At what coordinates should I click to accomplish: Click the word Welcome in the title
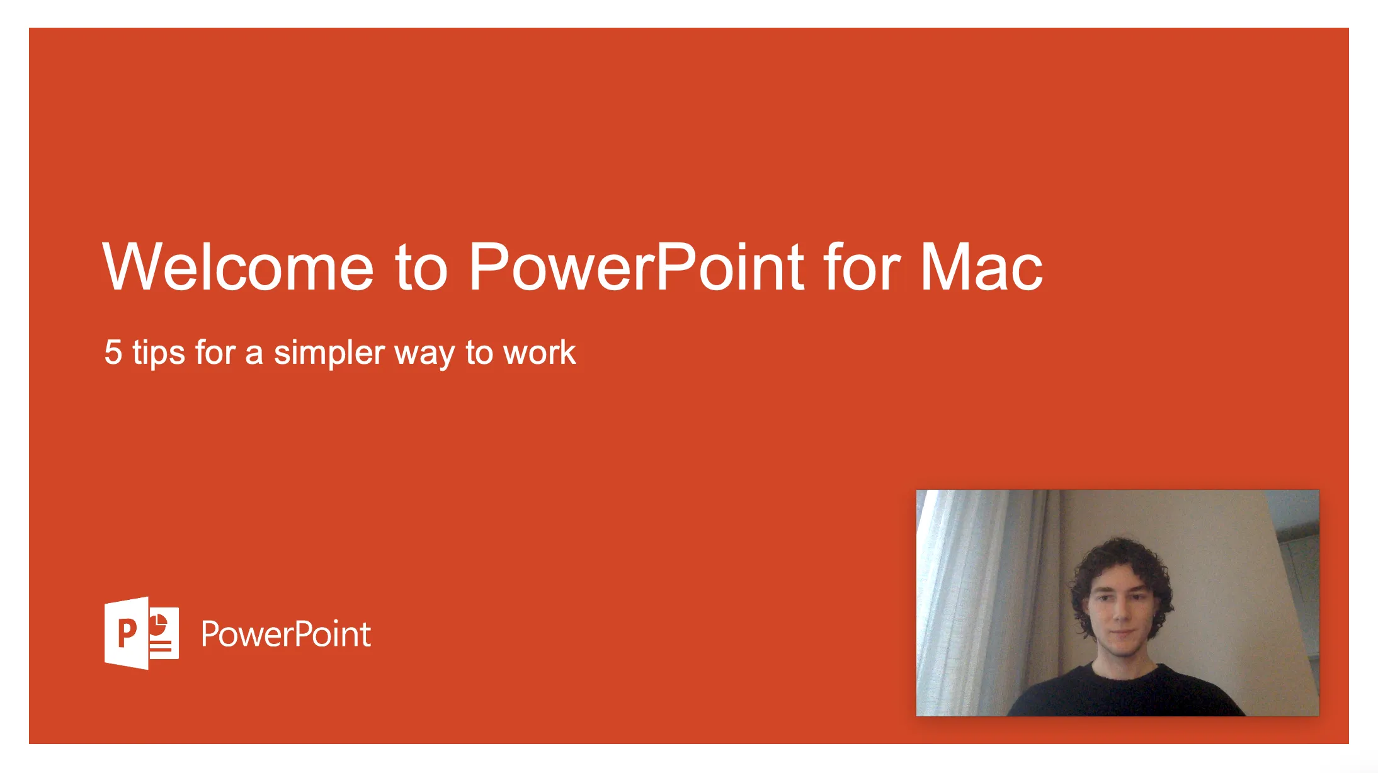point(238,267)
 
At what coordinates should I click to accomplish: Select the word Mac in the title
point(981,267)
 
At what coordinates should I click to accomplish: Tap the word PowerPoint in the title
point(636,267)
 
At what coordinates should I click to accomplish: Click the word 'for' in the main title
point(862,267)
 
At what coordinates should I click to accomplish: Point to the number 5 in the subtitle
point(113,352)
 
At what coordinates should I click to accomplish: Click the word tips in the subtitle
point(158,352)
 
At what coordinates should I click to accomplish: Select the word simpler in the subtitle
point(329,353)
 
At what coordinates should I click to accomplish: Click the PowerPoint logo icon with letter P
point(141,633)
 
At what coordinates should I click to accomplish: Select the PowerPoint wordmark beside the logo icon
point(285,634)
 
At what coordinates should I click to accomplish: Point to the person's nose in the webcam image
point(1120,614)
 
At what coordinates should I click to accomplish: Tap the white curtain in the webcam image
point(970,598)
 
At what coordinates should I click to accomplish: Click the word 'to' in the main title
point(421,268)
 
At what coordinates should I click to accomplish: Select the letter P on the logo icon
point(127,633)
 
